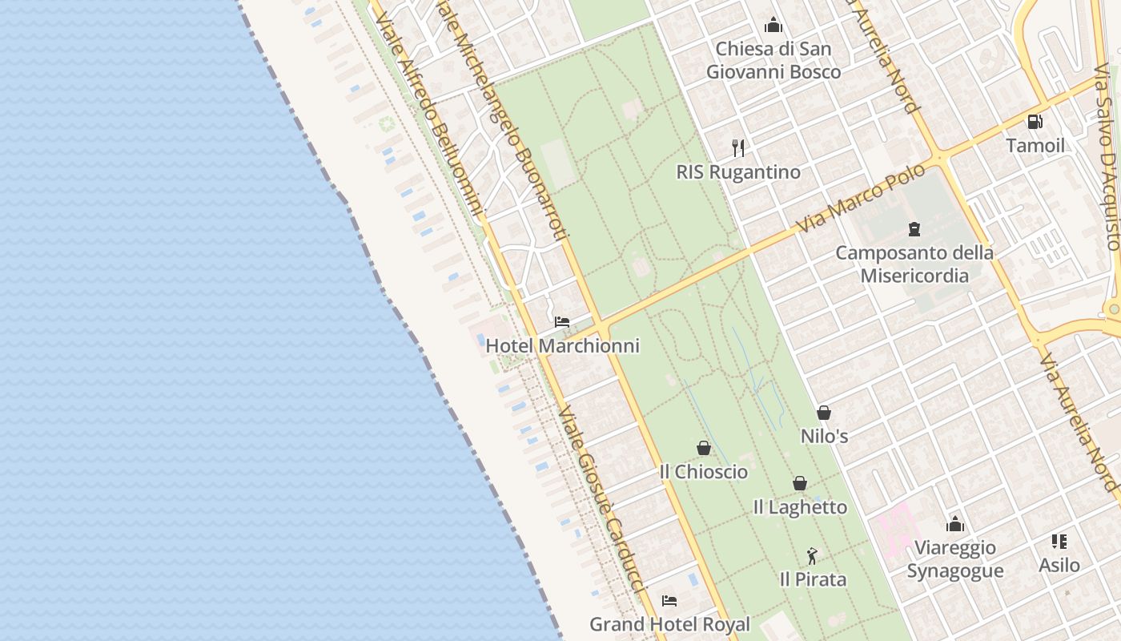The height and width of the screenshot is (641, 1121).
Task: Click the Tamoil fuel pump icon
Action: pyautogui.click(x=1035, y=122)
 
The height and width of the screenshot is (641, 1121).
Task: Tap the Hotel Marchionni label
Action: pyautogui.click(x=563, y=346)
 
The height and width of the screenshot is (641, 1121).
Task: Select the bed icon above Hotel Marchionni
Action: pyautogui.click(x=562, y=322)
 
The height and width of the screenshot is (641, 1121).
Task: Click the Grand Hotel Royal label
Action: pyautogui.click(x=669, y=624)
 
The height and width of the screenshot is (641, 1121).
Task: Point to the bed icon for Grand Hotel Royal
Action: pyautogui.click(x=669, y=600)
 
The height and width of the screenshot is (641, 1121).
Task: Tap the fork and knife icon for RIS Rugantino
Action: pyautogui.click(x=738, y=148)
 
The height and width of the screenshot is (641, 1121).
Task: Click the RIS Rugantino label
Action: pyautogui.click(x=738, y=172)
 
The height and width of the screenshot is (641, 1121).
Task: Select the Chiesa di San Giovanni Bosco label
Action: pyautogui.click(x=773, y=60)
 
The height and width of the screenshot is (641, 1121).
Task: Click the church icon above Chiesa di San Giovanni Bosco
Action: pyautogui.click(x=773, y=26)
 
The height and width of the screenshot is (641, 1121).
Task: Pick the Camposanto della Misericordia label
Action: pyautogui.click(x=914, y=264)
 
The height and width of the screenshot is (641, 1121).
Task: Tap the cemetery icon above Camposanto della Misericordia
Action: pyautogui.click(x=914, y=230)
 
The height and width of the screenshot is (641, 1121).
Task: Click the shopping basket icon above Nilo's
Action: pyautogui.click(x=824, y=413)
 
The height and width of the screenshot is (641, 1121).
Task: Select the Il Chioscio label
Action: pyautogui.click(x=704, y=472)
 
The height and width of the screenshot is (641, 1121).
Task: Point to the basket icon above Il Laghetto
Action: pyautogui.click(x=800, y=483)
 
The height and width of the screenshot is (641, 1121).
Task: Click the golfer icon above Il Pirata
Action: pyautogui.click(x=813, y=555)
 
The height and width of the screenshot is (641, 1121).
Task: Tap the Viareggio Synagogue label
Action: pyautogui.click(x=955, y=559)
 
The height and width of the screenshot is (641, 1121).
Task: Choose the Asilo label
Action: pyautogui.click(x=1059, y=566)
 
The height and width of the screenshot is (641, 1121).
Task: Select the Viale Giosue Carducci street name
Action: pyautogui.click(x=601, y=501)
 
